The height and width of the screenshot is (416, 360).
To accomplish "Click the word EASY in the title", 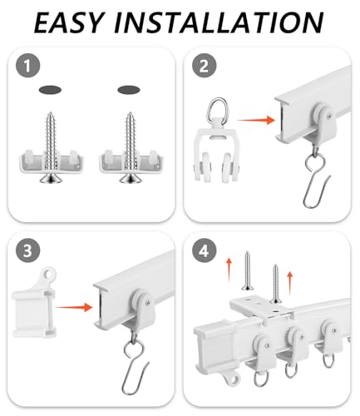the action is click(x=69, y=22).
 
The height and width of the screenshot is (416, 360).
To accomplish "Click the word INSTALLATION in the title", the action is click(x=219, y=22).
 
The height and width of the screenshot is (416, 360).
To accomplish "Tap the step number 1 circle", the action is click(x=27, y=66).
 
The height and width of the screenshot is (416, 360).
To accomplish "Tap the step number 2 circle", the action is click(x=204, y=66).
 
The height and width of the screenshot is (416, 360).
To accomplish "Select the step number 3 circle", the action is click(x=27, y=250).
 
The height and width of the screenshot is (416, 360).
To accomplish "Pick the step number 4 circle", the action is click(x=204, y=251).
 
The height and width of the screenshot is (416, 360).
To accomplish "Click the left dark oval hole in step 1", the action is click(x=50, y=90).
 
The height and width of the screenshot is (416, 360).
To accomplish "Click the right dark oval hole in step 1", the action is click(x=129, y=90).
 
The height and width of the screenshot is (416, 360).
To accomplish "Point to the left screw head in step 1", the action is click(x=50, y=178).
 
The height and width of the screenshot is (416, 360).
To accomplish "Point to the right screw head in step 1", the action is click(x=130, y=178).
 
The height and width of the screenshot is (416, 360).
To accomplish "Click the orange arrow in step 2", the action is click(x=256, y=120).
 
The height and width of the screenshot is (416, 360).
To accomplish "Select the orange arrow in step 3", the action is click(x=73, y=307).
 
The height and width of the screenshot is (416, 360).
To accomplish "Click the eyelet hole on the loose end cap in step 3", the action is click(x=49, y=274).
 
